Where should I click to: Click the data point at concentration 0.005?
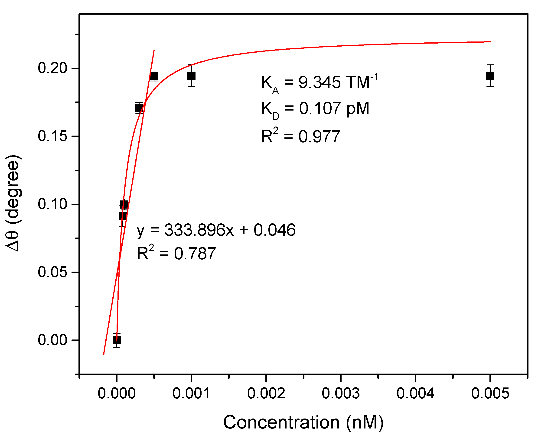tap(490, 76)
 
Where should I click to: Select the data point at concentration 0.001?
tap(191, 76)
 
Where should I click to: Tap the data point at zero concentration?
tap(117, 340)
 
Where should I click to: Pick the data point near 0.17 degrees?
tap(139, 108)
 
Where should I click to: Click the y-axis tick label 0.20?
tap(52, 68)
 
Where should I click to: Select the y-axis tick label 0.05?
tap(52, 272)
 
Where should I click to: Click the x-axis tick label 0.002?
tap(266, 393)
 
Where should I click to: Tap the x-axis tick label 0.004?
tap(415, 393)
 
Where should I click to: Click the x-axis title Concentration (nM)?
tap(303, 422)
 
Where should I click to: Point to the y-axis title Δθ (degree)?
tap(13, 203)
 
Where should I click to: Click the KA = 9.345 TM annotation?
tap(320, 83)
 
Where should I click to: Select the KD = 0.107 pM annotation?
tap(315, 109)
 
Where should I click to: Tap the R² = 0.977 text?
tap(300, 136)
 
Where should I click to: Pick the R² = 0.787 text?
tap(176, 254)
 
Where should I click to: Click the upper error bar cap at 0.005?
tap(490, 65)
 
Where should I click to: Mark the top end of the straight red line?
tap(154, 50)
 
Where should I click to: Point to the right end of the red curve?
tap(490, 42)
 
